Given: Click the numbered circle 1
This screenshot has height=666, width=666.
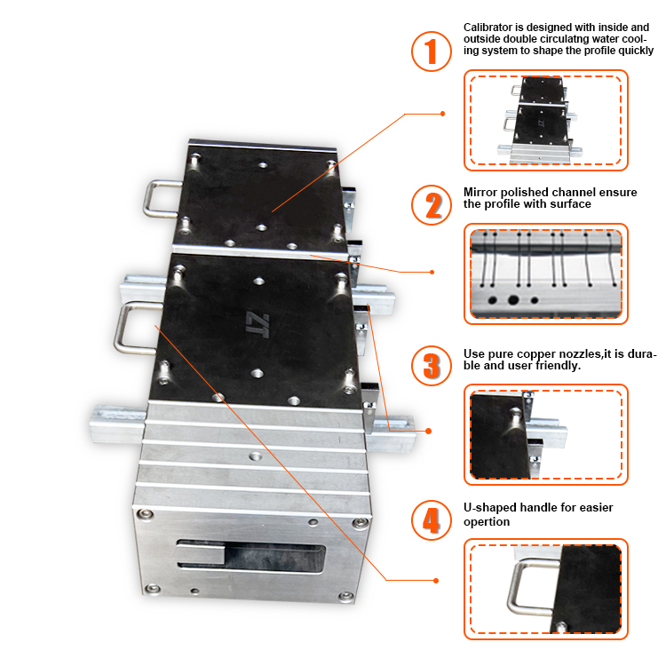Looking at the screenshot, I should coord(432,52).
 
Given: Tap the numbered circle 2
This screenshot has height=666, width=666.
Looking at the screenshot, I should coord(432,205).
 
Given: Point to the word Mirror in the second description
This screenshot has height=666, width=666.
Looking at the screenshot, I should coord(480,191).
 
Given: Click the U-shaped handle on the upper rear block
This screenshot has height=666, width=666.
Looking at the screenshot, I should coord(164,197).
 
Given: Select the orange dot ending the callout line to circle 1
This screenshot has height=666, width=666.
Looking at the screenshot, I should coord(443,114).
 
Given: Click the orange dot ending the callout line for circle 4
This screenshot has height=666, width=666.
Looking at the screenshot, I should coord(437,581).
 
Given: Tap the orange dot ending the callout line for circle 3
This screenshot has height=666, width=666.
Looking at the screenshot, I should coord(429,432).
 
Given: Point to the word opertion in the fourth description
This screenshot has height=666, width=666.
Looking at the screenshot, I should coord(487,521).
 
